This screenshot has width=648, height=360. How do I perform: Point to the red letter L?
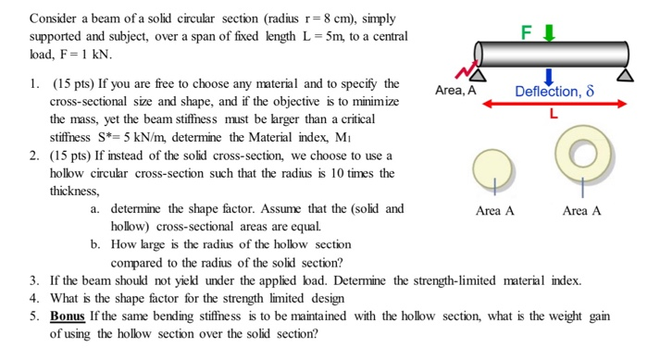[554, 118]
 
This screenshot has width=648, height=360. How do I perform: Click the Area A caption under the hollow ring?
[581, 211]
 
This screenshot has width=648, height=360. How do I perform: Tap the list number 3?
[33, 279]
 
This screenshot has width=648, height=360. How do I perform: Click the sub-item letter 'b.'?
[96, 244]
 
